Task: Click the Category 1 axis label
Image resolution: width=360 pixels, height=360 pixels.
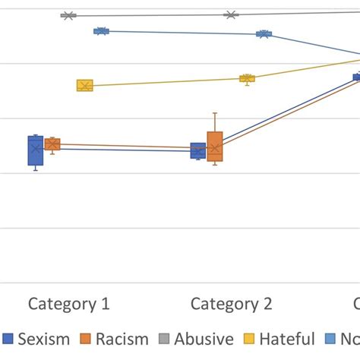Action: pos(69,305)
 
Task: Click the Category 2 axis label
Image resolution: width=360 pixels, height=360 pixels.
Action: pos(231,305)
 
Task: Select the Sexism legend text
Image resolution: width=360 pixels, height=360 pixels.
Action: pos(44,339)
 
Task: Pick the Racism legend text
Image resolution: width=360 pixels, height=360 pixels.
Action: pos(122,339)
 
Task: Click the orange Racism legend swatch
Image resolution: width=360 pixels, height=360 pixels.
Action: pos(86,339)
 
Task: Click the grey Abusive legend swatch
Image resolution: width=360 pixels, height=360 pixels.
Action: pos(165,339)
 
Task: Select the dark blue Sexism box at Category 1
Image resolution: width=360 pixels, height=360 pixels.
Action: pos(35,150)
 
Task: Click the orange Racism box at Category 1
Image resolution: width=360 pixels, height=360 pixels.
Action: pos(52,144)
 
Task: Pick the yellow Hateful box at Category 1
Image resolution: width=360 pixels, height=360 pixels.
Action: pos(84,86)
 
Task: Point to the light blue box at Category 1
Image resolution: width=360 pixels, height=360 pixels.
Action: pos(101,31)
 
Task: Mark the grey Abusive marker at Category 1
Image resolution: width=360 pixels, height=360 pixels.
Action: pos(68,15)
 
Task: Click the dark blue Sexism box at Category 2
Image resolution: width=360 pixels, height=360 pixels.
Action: pos(197,150)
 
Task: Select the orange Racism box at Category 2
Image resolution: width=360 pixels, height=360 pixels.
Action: pos(215,146)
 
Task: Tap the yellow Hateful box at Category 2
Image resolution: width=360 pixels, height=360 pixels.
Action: pos(247,78)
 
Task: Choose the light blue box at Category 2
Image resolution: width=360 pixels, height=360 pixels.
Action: pos(264,34)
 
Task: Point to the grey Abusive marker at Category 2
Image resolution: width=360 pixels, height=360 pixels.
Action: pos(231,14)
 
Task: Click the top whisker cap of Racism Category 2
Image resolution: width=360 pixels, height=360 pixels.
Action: pos(215,113)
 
